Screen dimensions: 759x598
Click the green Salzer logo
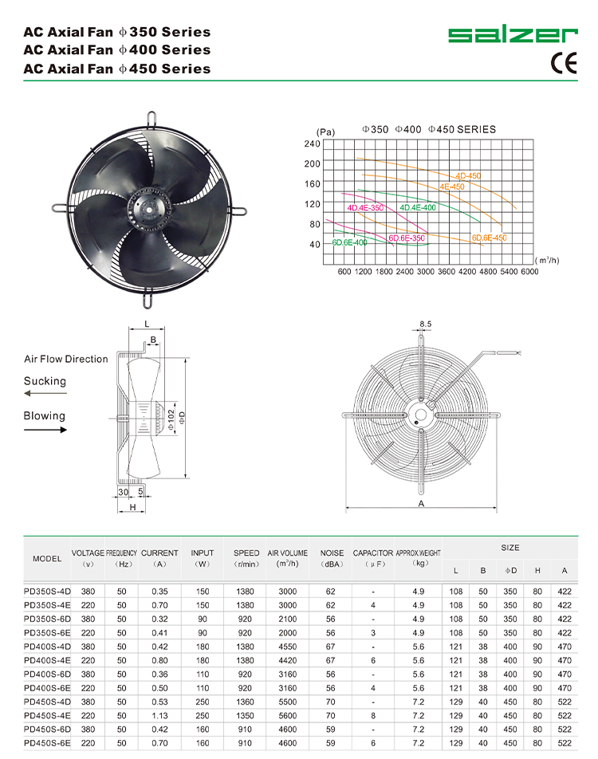(512, 34)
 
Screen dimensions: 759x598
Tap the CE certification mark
(563, 64)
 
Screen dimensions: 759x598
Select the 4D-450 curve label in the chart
(468, 175)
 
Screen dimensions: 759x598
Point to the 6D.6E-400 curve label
(350, 242)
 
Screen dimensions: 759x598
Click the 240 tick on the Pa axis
(334, 144)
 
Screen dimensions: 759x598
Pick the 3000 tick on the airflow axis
(425, 272)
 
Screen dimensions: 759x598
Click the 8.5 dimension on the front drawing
(425, 324)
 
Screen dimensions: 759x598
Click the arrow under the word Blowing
(45, 430)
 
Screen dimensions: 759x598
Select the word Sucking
(45, 381)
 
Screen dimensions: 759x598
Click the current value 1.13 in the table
(159, 715)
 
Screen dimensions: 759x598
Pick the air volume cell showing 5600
(287, 715)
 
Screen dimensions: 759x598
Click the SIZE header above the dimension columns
(509, 548)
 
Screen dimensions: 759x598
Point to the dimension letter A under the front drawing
(420, 505)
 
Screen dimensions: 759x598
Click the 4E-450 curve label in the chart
(451, 187)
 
